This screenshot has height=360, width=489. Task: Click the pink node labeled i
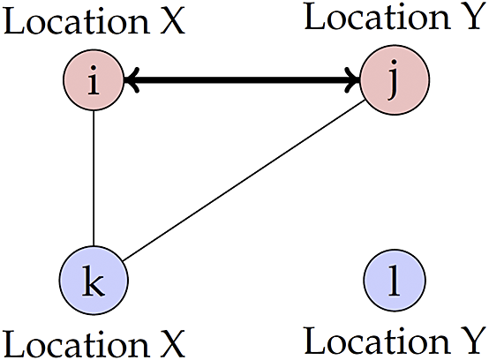coord(94,79)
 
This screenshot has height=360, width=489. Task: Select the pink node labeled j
coord(395,79)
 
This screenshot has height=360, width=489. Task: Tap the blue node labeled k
coord(94,280)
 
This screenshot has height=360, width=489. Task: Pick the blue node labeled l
coord(395,280)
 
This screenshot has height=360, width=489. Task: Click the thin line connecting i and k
coord(94,178)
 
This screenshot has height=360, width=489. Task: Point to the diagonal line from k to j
coord(244,180)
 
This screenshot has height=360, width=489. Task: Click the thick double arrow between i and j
coord(243,79)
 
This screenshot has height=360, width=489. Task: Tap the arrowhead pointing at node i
coord(131,79)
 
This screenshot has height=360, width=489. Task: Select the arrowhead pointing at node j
coord(353,79)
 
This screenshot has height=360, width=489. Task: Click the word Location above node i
coord(76,21)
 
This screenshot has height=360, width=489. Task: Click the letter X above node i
coord(172,21)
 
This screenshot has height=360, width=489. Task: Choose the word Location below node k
coord(76,343)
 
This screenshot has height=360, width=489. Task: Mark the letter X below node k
coord(172,343)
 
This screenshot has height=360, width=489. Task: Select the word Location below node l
coord(377,340)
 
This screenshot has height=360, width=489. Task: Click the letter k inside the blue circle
coord(94,280)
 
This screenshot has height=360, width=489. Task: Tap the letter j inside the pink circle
coord(394,80)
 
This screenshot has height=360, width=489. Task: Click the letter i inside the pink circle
coord(94,79)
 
